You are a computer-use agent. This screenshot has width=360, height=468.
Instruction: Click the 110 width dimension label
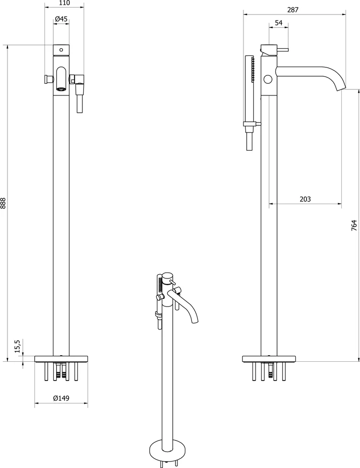tap(64, 3)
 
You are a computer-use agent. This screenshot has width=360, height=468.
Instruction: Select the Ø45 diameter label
tap(61, 19)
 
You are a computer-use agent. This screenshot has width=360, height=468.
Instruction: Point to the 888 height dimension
tap(3, 203)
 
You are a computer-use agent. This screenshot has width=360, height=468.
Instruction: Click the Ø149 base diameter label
tap(61, 398)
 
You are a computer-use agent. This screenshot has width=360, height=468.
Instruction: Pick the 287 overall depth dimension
tap(293, 9)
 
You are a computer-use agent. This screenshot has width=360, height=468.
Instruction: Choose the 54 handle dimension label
tap(279, 23)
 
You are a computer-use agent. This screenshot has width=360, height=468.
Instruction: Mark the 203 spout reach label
tap(305, 199)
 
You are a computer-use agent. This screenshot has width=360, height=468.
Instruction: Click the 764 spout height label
tap(354, 226)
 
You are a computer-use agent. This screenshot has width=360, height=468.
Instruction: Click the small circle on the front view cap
tap(61, 50)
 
